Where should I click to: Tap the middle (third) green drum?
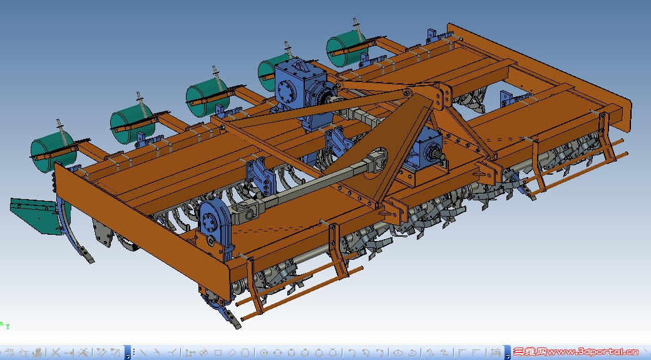(207, 97)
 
